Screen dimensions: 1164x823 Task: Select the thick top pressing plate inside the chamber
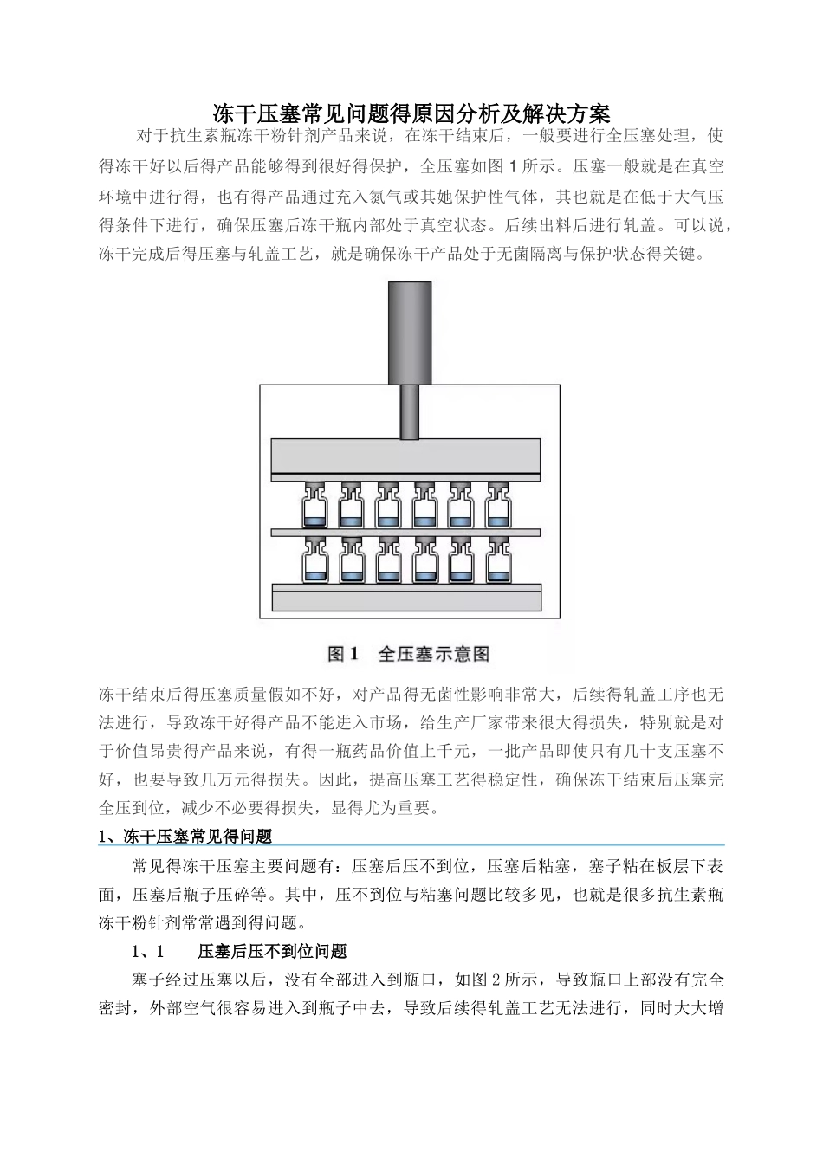coord(406,456)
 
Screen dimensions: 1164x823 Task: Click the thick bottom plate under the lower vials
coord(406,598)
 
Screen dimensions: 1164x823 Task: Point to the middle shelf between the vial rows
coord(406,532)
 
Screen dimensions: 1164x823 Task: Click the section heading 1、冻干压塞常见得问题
coord(186,837)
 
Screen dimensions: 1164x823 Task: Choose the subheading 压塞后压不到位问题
coord(272,952)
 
